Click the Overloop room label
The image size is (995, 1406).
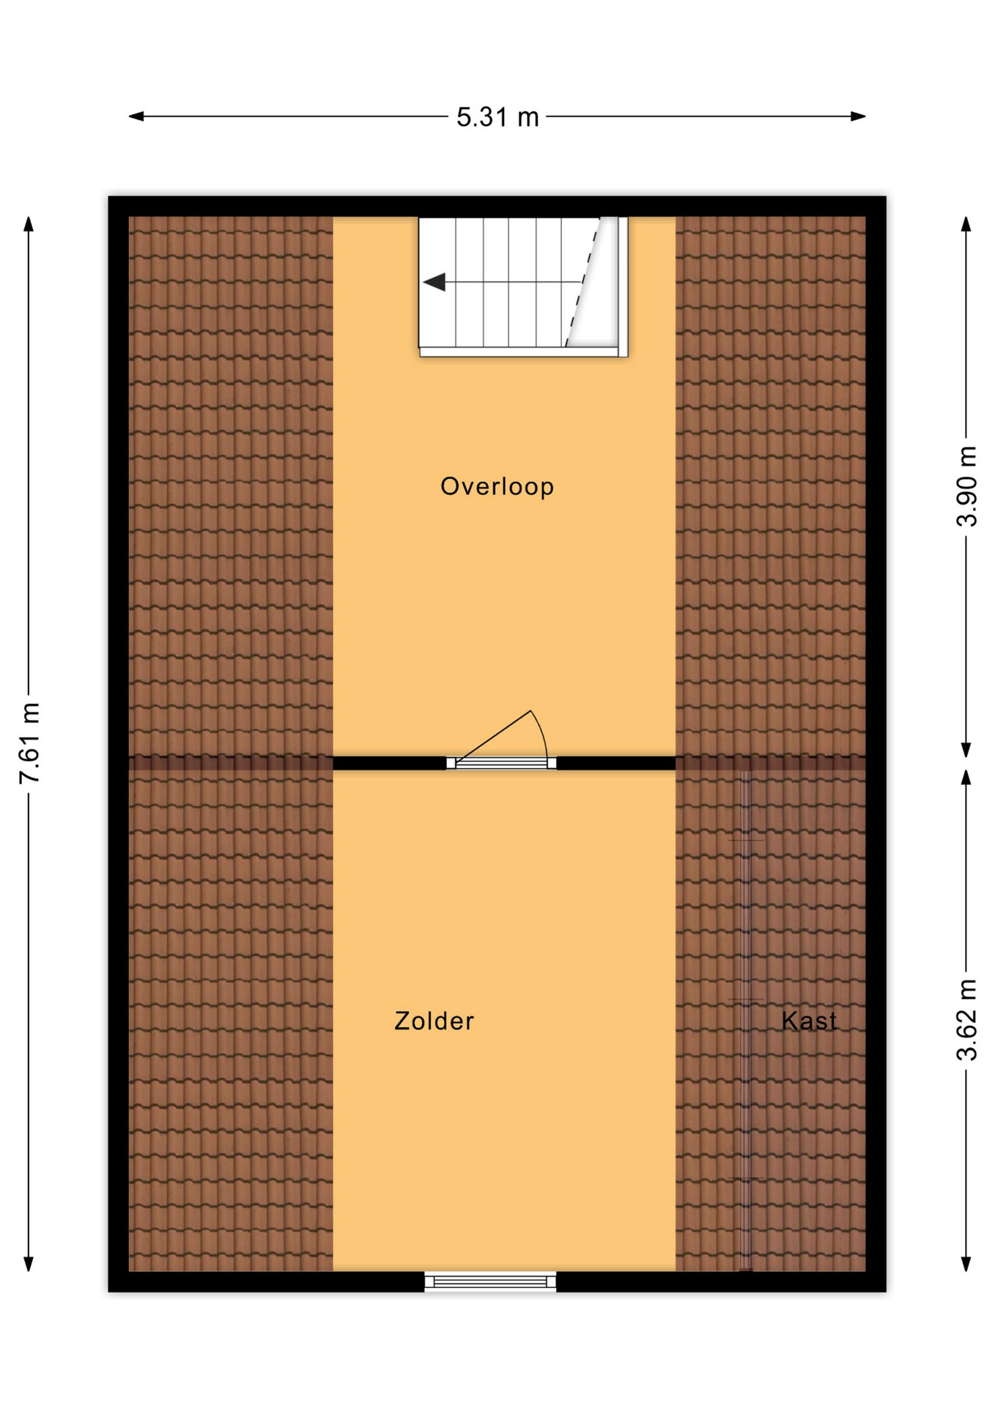click(497, 486)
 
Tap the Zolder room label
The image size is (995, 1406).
click(434, 1021)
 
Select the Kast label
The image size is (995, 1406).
click(809, 1021)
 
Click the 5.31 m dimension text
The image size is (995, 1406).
click(497, 117)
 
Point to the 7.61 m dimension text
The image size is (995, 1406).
click(30, 743)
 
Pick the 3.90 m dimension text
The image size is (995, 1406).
click(967, 486)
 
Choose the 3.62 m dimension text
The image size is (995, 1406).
click(967, 1020)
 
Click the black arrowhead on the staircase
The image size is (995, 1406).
click(434, 282)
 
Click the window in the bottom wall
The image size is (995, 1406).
click(490, 1282)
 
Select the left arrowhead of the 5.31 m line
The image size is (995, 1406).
click(136, 116)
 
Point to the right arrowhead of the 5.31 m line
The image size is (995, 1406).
click(858, 116)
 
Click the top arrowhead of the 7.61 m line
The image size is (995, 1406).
click(29, 224)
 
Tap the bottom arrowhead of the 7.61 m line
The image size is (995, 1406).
click(29, 1264)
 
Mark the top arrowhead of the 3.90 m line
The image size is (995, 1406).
click(966, 224)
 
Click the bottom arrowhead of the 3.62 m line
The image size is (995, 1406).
click(966, 1264)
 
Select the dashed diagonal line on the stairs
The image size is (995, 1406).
click(582, 282)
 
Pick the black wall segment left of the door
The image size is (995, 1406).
click(390, 763)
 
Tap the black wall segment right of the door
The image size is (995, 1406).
click(615, 763)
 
